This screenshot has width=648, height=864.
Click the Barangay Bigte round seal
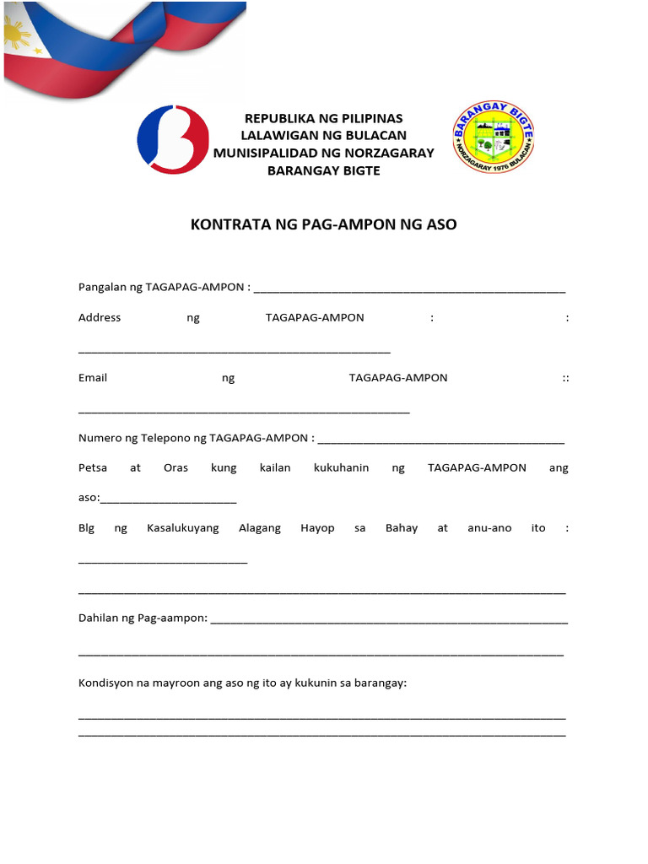pyautogui.click(x=494, y=138)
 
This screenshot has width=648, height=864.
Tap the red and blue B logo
pyautogui.click(x=173, y=138)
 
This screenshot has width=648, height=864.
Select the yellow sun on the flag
pyautogui.click(x=18, y=35)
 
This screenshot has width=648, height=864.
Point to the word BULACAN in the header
pyautogui.click(x=375, y=135)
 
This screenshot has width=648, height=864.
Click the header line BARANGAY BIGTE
pyautogui.click(x=324, y=170)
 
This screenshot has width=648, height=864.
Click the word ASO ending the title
pyautogui.click(x=439, y=225)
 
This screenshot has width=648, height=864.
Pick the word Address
pyautogui.click(x=100, y=317)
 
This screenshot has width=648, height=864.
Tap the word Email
pyautogui.click(x=93, y=377)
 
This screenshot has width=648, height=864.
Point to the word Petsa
pyautogui.click(x=93, y=467)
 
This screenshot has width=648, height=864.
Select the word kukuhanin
pyautogui.click(x=341, y=467)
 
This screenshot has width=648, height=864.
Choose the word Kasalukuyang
pyautogui.click(x=182, y=527)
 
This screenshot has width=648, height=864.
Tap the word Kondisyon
pyautogui.click(x=105, y=683)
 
